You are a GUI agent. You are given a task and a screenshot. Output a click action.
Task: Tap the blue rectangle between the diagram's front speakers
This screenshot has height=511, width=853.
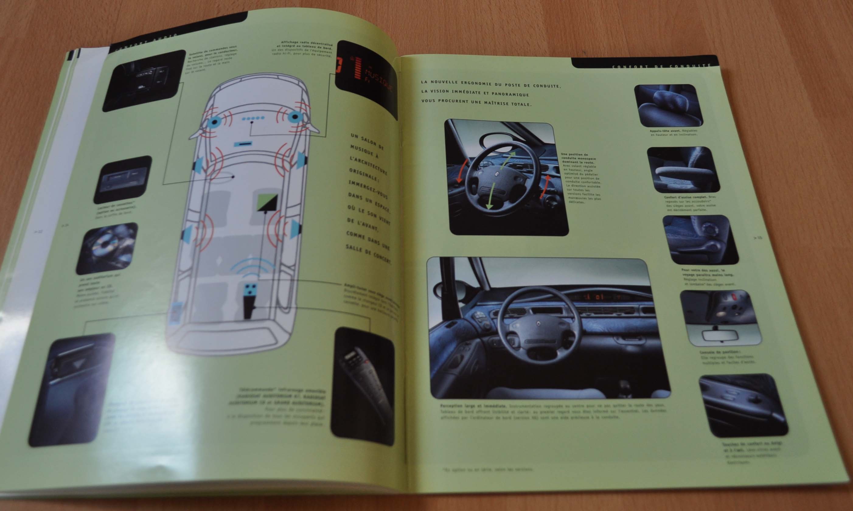click(242, 144)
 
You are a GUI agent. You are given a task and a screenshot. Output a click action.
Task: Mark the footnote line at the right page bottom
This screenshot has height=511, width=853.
click(488, 469)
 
